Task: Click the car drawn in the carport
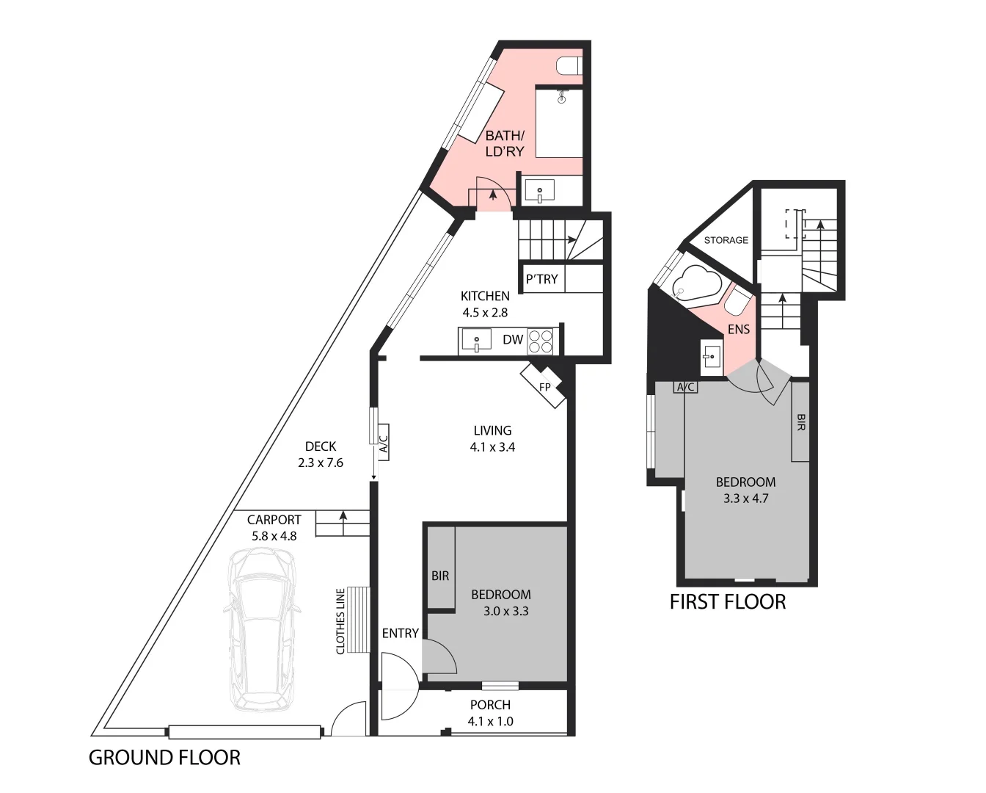click(263, 631)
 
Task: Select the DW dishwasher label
click(513, 340)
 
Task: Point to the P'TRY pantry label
click(541, 279)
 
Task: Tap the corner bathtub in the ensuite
click(697, 283)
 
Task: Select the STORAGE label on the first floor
click(726, 240)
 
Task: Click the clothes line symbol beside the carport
click(358, 620)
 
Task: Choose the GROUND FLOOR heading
click(164, 758)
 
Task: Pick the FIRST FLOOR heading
click(727, 602)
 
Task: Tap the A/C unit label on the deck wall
click(382, 442)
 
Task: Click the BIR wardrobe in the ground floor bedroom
click(440, 576)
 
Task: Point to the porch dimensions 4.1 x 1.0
click(490, 721)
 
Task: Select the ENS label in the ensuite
click(738, 330)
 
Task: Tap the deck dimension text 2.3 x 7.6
click(321, 463)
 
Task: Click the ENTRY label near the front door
click(400, 633)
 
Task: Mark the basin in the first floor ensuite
click(711, 358)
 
